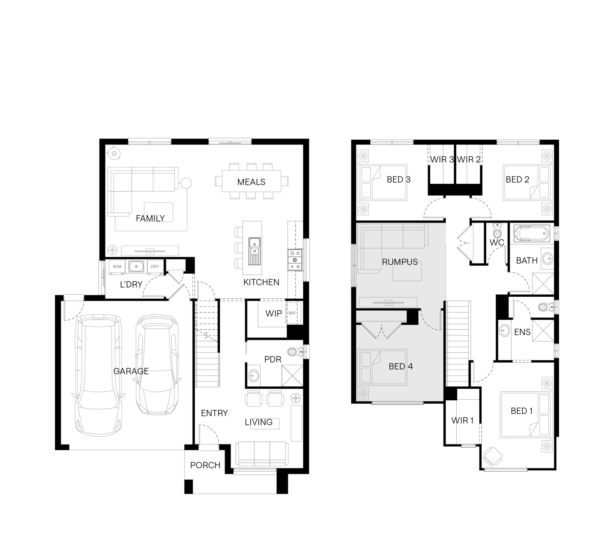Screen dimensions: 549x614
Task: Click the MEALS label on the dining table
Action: point(251,182)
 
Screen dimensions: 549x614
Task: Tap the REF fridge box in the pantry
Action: point(292,313)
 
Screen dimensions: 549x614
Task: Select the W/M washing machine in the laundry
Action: point(117,267)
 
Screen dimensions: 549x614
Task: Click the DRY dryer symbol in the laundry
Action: point(155,267)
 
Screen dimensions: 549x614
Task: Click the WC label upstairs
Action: point(497,243)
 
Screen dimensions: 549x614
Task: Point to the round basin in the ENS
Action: point(505,331)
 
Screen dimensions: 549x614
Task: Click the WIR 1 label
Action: point(462,420)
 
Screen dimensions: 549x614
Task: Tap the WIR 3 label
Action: point(442,160)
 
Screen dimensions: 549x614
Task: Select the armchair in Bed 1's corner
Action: point(492,457)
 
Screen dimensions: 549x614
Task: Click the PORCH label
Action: point(205,465)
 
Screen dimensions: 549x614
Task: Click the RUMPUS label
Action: point(400,262)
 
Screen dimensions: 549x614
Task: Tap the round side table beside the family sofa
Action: point(186,183)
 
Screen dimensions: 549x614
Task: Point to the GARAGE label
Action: point(131,371)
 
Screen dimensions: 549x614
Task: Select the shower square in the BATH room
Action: point(543,284)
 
